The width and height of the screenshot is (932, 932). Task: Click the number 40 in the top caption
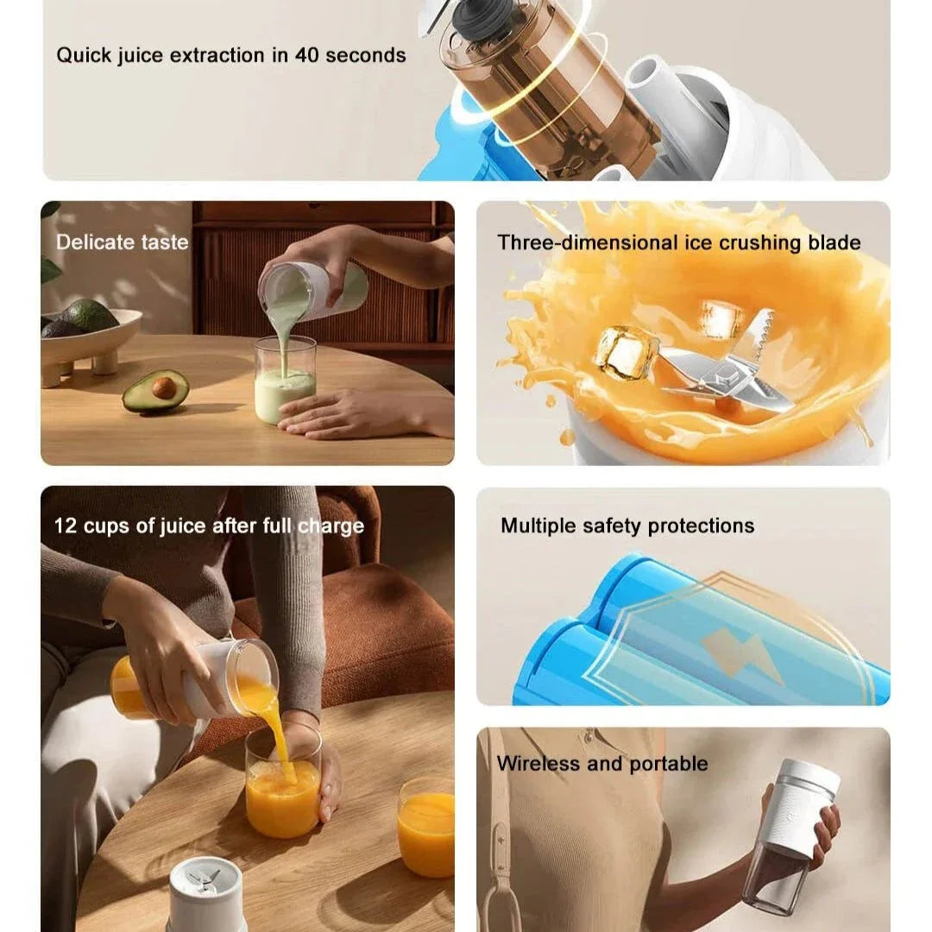(307, 54)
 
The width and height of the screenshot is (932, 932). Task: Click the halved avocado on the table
(155, 391)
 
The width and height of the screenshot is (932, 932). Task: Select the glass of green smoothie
(286, 381)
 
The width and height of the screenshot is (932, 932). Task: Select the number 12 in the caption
(66, 526)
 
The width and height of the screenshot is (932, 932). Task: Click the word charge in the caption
(331, 526)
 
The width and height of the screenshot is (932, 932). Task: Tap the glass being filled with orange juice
(284, 784)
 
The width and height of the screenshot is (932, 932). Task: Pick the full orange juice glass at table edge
(425, 828)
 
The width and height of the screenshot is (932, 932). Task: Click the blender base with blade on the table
(205, 895)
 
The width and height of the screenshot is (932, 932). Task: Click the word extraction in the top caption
(217, 54)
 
